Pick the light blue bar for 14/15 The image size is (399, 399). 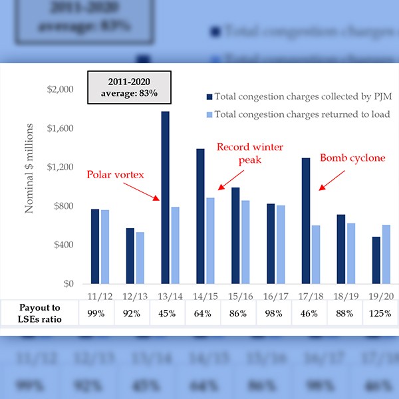point(210,240)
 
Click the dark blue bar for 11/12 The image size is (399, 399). point(95,246)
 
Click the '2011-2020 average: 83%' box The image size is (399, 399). point(129,86)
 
